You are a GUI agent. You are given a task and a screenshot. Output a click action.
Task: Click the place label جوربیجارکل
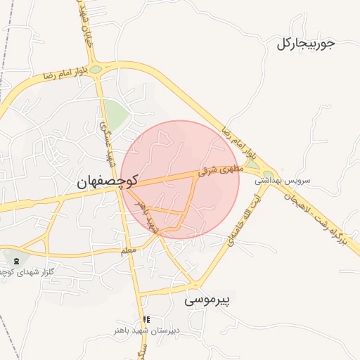click(x=306, y=44)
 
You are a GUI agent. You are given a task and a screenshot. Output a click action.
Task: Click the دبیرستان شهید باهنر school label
click(x=148, y=330)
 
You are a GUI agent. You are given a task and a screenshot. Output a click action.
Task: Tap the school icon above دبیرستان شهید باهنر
click(x=146, y=320)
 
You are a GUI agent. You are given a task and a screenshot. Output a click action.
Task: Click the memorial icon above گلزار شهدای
click(x=16, y=262)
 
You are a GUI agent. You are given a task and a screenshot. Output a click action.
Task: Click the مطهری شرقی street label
click(x=223, y=171)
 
